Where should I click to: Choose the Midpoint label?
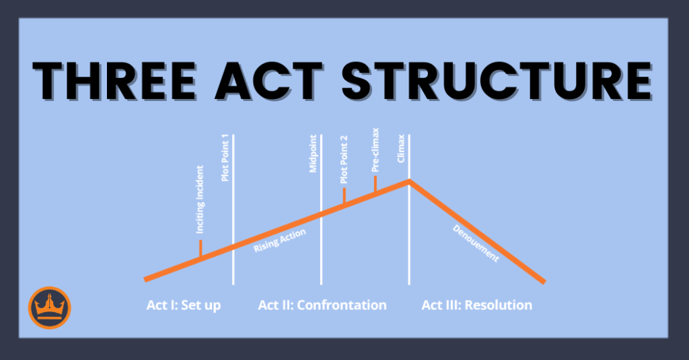[314, 155]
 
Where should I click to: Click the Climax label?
[401, 147]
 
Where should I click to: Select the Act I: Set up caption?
[184, 305]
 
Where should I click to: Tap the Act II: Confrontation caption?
[322, 305]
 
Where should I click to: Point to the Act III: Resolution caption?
[476, 305]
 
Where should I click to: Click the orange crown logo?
[49, 308]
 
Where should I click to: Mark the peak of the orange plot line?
[408, 180]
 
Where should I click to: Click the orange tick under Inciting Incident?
[201, 248]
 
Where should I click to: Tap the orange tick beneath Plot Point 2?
[344, 196]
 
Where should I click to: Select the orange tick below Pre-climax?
[375, 185]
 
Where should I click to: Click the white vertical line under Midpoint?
[322, 249]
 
